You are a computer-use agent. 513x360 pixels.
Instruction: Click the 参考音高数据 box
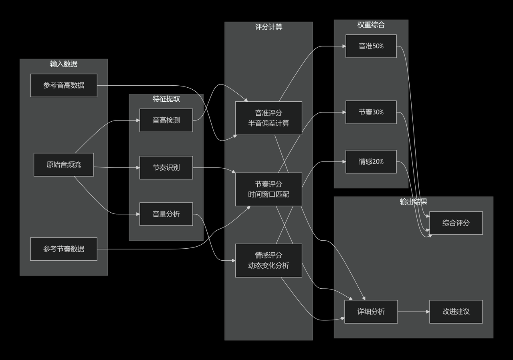click(x=64, y=85)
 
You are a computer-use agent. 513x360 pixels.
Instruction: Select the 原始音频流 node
click(x=64, y=165)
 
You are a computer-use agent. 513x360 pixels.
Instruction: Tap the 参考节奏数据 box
click(x=64, y=249)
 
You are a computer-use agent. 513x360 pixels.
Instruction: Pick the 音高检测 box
click(x=166, y=120)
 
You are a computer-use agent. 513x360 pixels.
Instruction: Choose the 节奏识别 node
click(x=166, y=167)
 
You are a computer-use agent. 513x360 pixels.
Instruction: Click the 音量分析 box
click(x=166, y=214)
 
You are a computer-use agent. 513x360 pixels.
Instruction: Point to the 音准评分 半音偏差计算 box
click(x=269, y=118)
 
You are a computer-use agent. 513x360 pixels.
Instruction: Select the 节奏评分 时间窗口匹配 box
click(x=269, y=189)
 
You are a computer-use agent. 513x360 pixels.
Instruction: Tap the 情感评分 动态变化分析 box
click(x=269, y=260)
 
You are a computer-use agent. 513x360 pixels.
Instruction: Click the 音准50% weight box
click(x=371, y=46)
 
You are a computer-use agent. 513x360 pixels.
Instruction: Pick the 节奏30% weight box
click(x=371, y=112)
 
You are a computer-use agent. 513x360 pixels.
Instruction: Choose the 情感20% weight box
click(x=371, y=162)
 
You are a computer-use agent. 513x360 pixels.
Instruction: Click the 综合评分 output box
click(x=456, y=223)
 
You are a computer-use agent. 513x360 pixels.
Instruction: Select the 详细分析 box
click(x=371, y=312)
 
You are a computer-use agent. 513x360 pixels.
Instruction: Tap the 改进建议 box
click(x=456, y=312)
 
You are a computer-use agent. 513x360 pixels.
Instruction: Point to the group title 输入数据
click(x=64, y=64)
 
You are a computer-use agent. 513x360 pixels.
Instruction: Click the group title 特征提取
click(x=166, y=99)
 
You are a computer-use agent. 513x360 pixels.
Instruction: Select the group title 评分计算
click(x=269, y=27)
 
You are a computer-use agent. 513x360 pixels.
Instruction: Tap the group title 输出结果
click(x=414, y=201)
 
